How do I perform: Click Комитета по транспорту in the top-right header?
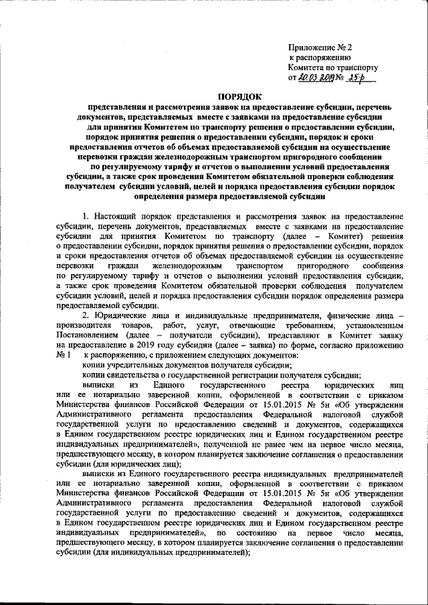click(x=332, y=68)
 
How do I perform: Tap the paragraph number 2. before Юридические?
click(x=86, y=315)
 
